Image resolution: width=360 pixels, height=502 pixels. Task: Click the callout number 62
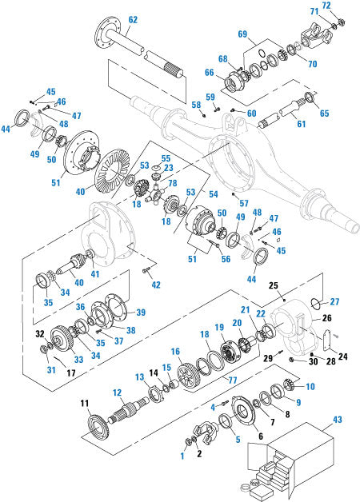point(133,19)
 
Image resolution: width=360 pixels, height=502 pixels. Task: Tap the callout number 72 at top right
point(326,5)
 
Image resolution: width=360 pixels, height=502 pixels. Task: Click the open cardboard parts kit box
point(292,468)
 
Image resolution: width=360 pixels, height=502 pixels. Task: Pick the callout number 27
point(334,302)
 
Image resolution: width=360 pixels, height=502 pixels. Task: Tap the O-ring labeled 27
point(318,303)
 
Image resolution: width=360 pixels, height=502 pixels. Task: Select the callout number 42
point(156,284)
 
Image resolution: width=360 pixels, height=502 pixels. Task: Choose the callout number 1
point(182,456)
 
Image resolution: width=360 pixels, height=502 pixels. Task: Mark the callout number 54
point(213,194)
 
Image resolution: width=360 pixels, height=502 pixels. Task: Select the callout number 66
point(210,72)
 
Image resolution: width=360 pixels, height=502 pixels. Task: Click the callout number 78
point(172,183)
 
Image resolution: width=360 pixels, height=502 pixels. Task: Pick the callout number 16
point(174,352)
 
